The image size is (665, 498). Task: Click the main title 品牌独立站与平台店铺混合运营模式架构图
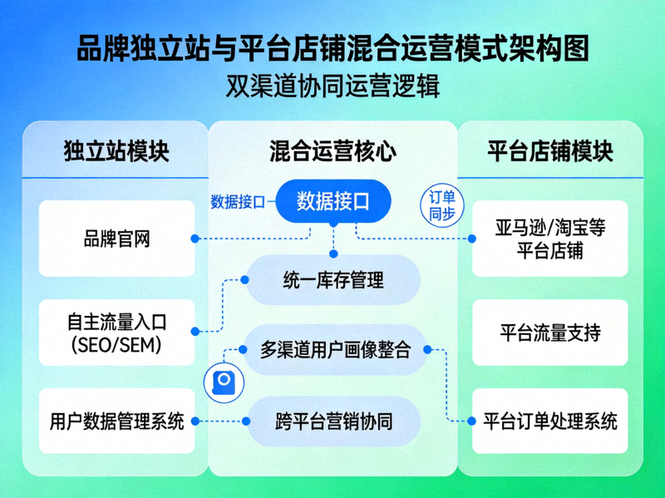pos(332,47)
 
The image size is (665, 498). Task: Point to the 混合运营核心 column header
pos(332,152)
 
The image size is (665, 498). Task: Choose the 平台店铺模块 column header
pos(549,152)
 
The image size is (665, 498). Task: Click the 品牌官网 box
pos(116,239)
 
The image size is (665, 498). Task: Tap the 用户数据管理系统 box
pos(116,421)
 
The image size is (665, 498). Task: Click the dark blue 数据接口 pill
pos(332,201)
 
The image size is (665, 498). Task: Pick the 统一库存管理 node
pos(333,279)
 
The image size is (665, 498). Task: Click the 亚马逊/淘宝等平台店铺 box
pos(549,239)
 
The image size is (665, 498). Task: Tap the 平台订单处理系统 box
pos(549,421)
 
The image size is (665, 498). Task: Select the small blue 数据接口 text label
pos(238,201)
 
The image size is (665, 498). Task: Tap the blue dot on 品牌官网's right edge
pos(195,239)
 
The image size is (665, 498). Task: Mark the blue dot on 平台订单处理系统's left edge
pos(472,421)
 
